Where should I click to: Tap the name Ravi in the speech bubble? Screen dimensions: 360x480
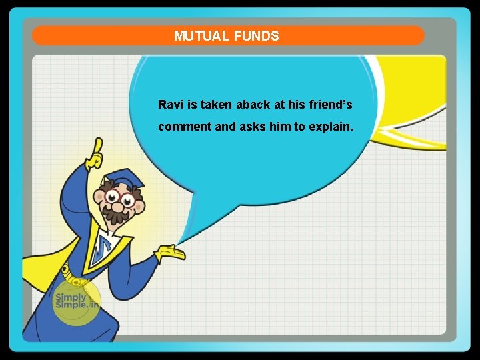tap(169, 105)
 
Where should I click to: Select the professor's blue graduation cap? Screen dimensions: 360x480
tap(125, 179)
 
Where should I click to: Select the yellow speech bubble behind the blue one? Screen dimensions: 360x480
tap(413, 100)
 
